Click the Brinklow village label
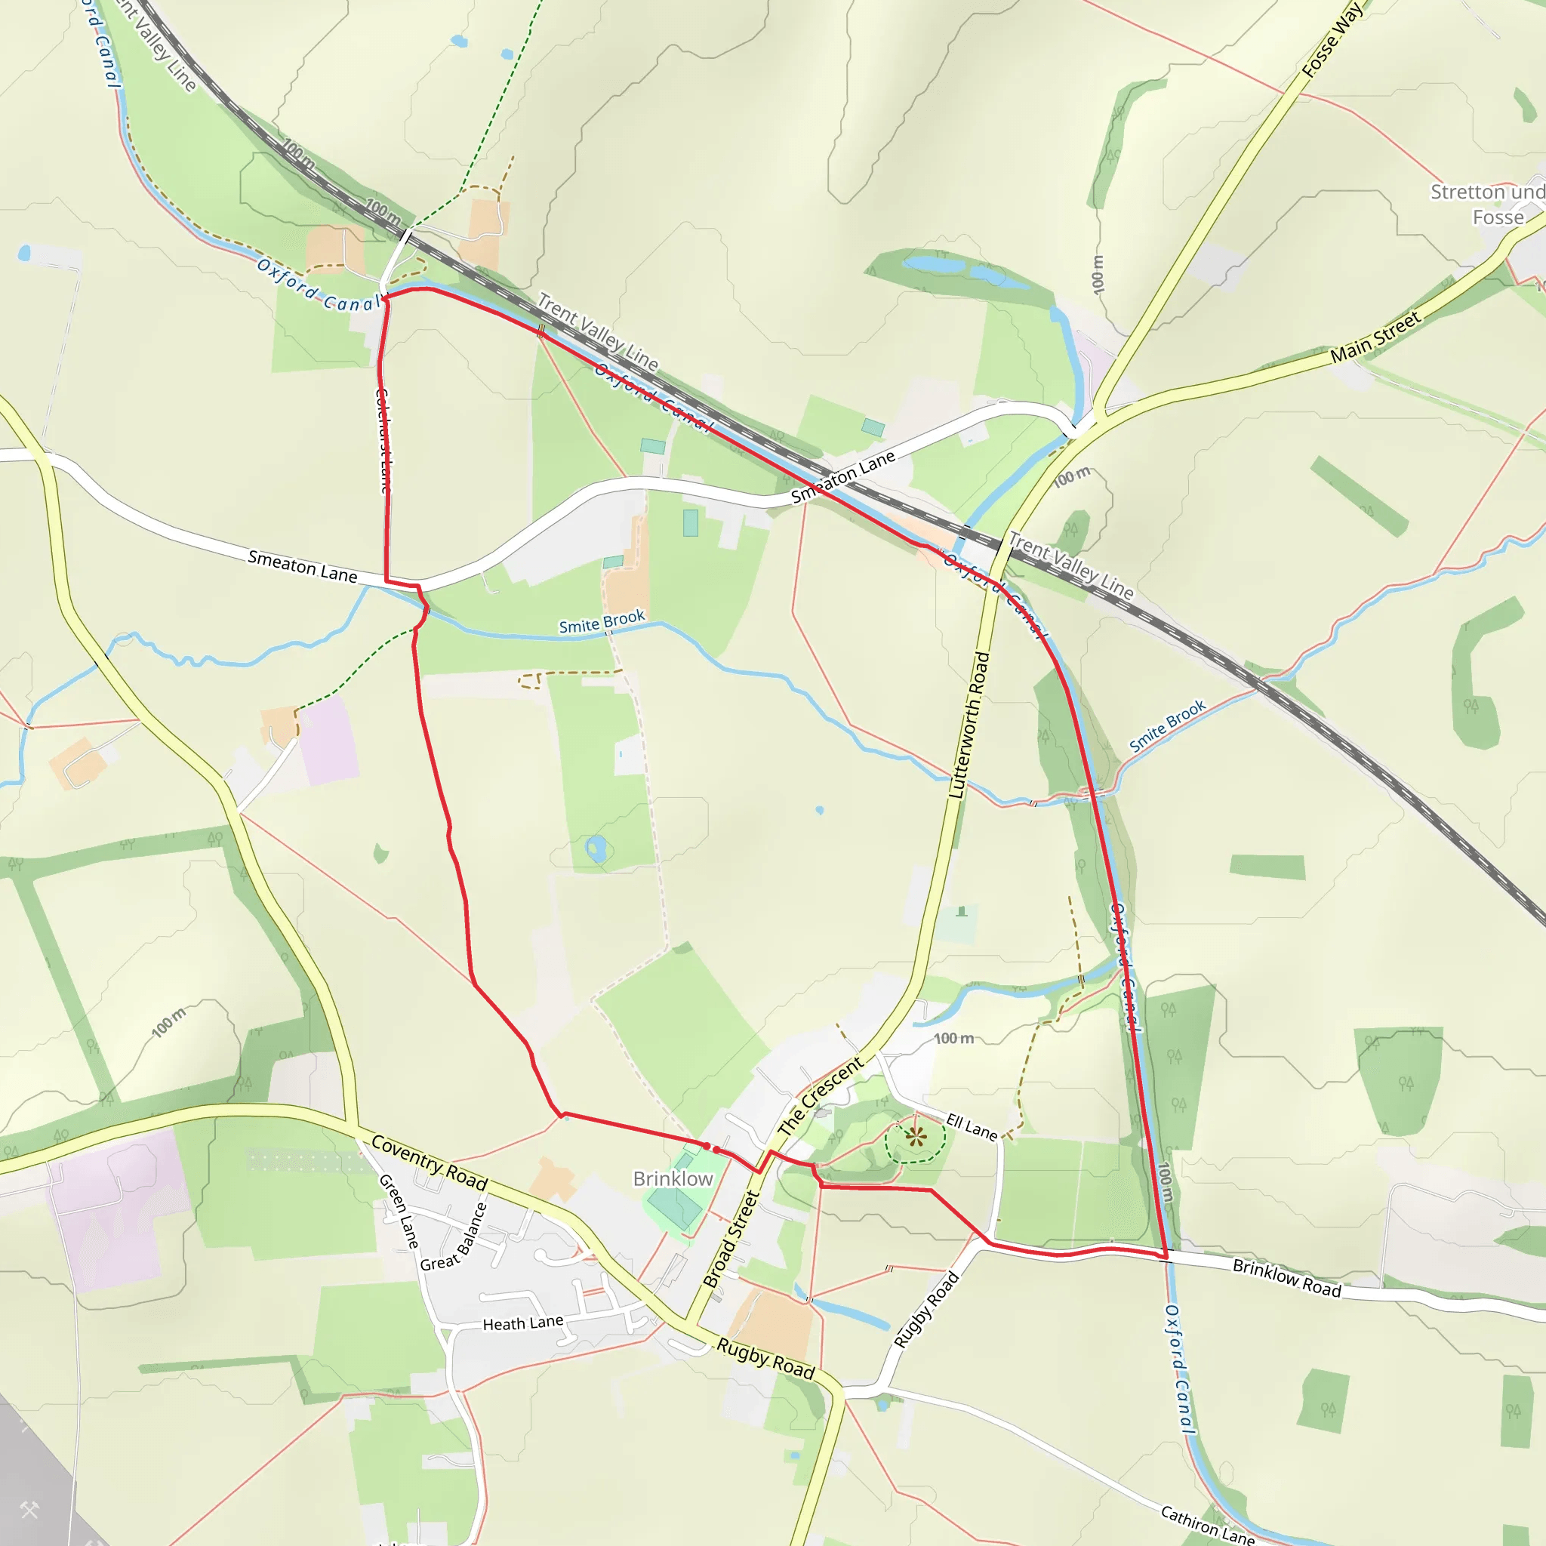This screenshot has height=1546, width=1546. coord(672,1178)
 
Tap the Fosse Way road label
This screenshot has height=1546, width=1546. coord(1332,40)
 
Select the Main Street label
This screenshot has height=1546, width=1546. coord(1375,337)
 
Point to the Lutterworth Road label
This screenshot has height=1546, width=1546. coord(969,725)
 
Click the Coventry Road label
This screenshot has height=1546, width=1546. coord(429,1163)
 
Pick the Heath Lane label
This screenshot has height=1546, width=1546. coord(522,1323)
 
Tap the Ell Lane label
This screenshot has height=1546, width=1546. coord(972,1127)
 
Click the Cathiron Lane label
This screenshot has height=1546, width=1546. coord(1208,1525)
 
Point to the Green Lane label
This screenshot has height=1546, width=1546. coord(399,1211)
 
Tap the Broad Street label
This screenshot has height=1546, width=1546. coord(730,1239)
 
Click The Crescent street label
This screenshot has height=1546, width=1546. coord(821,1095)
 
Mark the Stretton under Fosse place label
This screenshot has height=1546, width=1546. coord(1487,204)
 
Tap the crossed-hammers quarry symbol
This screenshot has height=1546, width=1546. coord(29,1510)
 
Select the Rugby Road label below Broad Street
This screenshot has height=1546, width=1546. coord(765,1359)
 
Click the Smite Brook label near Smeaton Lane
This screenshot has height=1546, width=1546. coord(601,622)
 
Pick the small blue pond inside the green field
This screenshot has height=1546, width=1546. coord(596,848)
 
